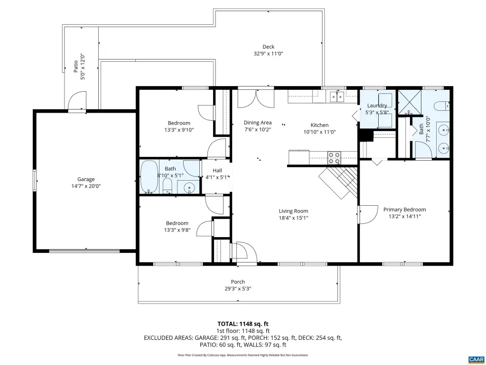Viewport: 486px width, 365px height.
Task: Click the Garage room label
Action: coord(86,179)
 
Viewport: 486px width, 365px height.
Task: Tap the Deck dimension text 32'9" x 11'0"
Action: coord(269,53)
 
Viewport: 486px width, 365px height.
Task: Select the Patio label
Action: coord(75,67)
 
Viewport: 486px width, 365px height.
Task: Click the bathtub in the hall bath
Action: coord(149,177)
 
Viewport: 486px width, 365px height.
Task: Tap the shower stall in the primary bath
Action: coord(410,101)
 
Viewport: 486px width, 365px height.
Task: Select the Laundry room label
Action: coord(377,106)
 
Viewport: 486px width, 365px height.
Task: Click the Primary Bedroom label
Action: coord(404,210)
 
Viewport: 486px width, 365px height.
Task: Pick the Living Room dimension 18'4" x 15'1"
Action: coord(293,218)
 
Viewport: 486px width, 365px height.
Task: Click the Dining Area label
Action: coord(258,123)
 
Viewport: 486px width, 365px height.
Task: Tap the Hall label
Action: coord(217,171)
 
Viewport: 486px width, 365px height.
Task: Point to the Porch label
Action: coord(238,282)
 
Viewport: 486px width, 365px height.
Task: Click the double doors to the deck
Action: coord(256,99)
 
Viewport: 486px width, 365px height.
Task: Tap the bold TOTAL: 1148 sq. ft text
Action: coord(243,324)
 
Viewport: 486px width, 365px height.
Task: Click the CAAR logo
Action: coord(476,359)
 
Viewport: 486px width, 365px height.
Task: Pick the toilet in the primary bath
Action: coord(442,106)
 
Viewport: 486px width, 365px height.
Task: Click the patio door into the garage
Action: coord(77,101)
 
